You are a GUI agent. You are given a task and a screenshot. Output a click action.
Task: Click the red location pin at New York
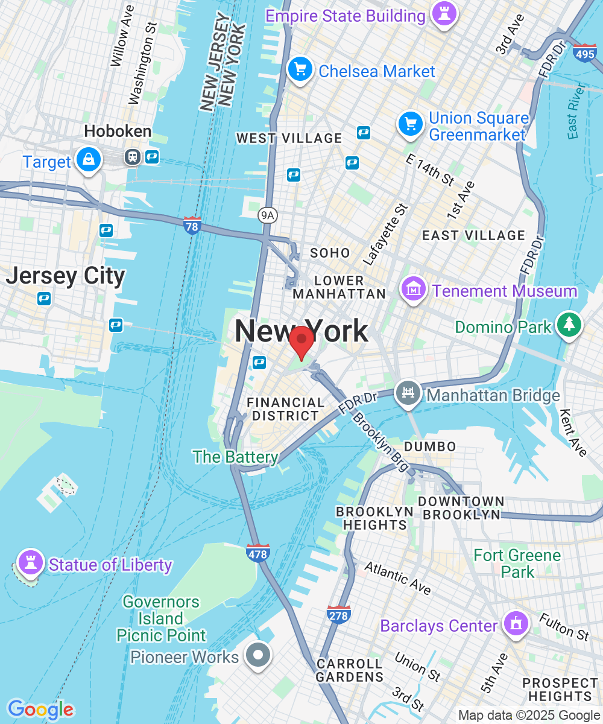301,341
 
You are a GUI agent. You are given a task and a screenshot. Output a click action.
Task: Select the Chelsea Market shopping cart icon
300,70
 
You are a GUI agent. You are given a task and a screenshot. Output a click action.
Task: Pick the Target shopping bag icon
89,160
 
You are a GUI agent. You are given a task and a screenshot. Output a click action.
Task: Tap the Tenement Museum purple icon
414,290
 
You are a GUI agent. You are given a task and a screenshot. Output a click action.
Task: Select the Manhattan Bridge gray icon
408,394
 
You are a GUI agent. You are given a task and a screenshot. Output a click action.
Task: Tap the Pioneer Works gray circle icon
259,655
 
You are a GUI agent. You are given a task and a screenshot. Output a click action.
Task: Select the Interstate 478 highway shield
257,553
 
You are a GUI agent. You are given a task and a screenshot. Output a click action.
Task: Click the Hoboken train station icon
132,157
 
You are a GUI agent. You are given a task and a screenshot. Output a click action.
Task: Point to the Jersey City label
66,276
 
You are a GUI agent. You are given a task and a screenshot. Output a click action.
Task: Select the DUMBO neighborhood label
430,446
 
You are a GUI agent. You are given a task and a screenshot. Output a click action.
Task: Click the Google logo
40,710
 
